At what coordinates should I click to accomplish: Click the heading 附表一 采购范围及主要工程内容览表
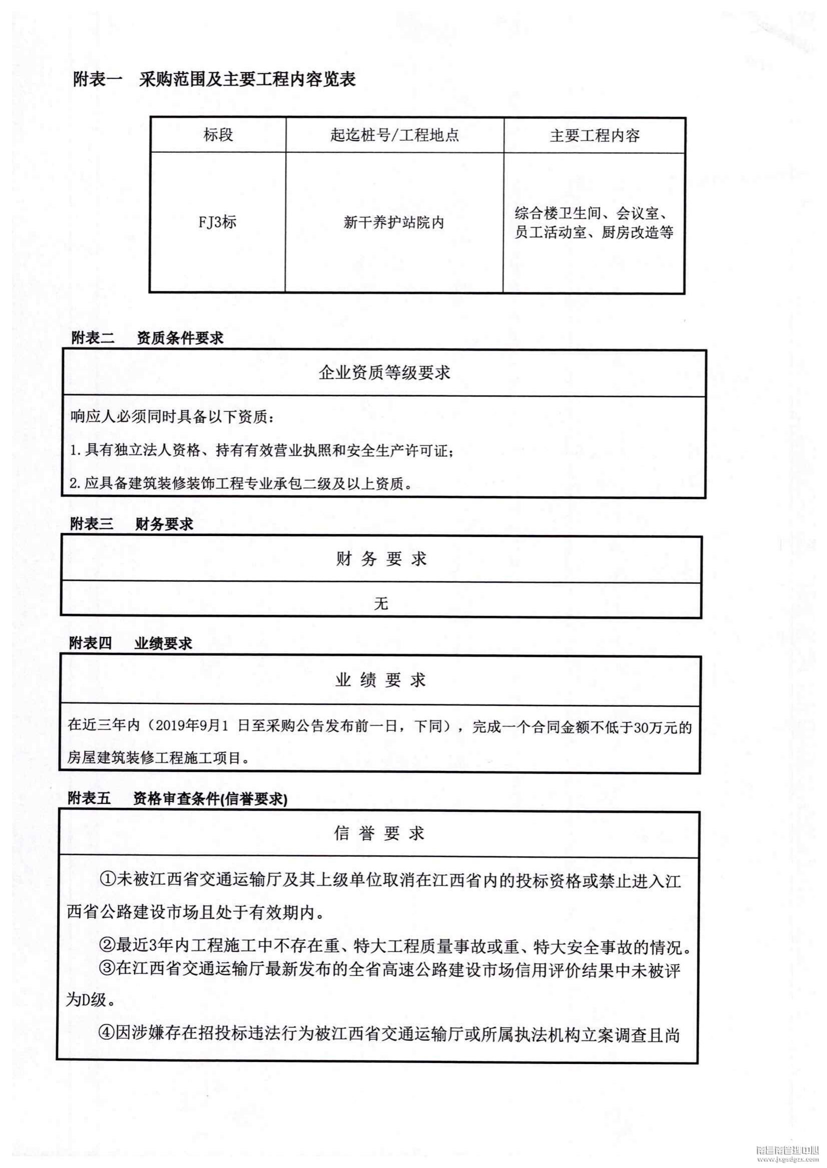(x=214, y=79)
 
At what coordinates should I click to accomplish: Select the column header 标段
(x=218, y=135)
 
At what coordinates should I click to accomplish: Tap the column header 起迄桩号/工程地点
(x=394, y=135)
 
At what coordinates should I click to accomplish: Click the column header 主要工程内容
(x=594, y=135)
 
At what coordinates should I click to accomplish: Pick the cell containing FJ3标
(x=218, y=222)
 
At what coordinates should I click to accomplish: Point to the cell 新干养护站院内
(x=394, y=222)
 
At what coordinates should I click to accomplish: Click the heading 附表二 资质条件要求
(x=147, y=338)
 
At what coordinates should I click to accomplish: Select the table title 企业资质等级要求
(x=384, y=372)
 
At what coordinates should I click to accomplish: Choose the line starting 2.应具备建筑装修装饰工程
(x=240, y=483)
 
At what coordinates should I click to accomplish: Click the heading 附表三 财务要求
(x=132, y=524)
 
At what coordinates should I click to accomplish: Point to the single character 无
(x=381, y=604)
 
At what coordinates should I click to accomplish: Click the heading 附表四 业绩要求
(x=131, y=643)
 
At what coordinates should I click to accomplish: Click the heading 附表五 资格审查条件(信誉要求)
(x=177, y=799)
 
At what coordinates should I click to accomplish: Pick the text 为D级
(x=90, y=1000)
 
